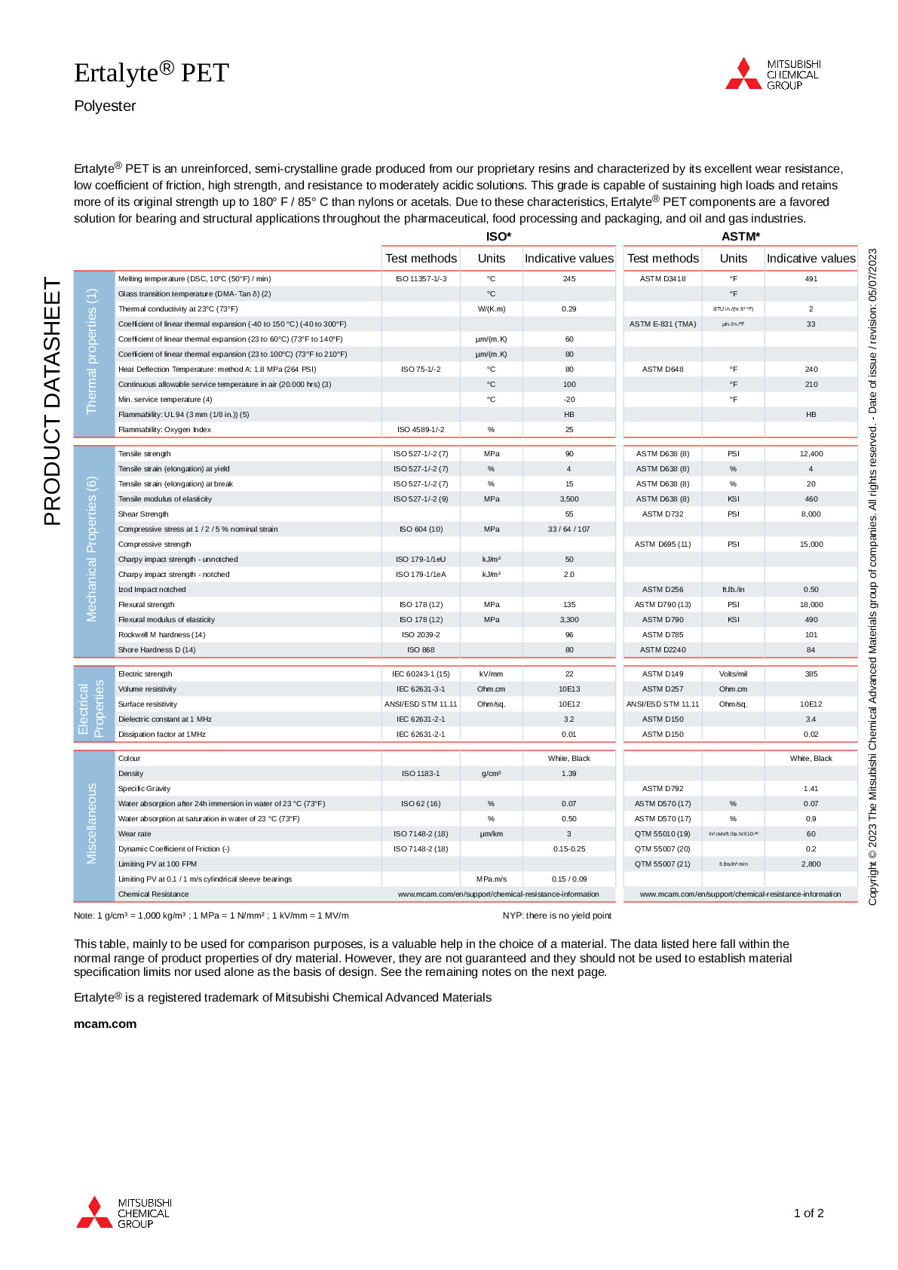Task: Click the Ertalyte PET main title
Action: (151, 72)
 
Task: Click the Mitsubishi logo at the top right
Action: (772, 74)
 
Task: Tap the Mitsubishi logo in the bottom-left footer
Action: (124, 1213)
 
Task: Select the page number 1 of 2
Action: (808, 1213)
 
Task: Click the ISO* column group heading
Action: (498, 237)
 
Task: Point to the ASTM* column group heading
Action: (740, 237)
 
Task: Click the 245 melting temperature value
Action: (569, 279)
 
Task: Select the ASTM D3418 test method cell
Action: (663, 279)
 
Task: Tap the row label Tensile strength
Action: (145, 454)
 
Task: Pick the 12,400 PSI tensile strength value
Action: (811, 454)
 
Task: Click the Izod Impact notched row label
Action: (152, 590)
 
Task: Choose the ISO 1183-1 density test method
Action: (421, 774)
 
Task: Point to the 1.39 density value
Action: (569, 774)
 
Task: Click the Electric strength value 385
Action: (811, 674)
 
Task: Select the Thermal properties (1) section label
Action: (92, 351)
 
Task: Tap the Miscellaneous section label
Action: (92, 824)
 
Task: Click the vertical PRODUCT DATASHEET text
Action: (52, 401)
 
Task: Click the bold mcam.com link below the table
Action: (105, 1024)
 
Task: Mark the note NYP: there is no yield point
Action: (557, 916)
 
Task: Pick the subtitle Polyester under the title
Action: (105, 106)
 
